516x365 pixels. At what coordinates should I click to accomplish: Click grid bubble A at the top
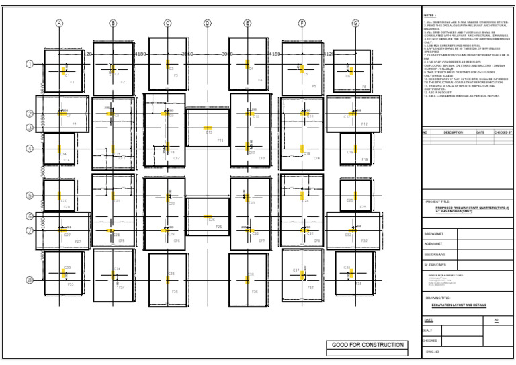click(x=59, y=23)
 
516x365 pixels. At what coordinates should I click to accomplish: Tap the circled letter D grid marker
click(x=208, y=23)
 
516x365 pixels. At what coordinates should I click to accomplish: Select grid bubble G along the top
click(x=355, y=23)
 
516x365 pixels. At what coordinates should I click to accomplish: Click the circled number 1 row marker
click(x=29, y=65)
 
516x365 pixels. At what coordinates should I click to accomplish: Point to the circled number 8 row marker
click(x=29, y=280)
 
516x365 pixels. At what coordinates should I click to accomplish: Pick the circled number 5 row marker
click(x=29, y=196)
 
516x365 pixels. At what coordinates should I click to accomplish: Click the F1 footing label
click(x=72, y=82)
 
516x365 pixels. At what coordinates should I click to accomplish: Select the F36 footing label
click(x=255, y=292)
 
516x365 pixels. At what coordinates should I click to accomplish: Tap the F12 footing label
click(x=364, y=124)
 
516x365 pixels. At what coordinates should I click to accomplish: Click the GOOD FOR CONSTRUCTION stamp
click(x=367, y=345)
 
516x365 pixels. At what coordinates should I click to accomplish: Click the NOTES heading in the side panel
click(x=430, y=14)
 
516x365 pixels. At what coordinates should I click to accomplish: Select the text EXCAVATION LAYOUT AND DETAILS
click(x=460, y=305)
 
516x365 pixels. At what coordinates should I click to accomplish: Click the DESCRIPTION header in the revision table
click(x=454, y=132)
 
